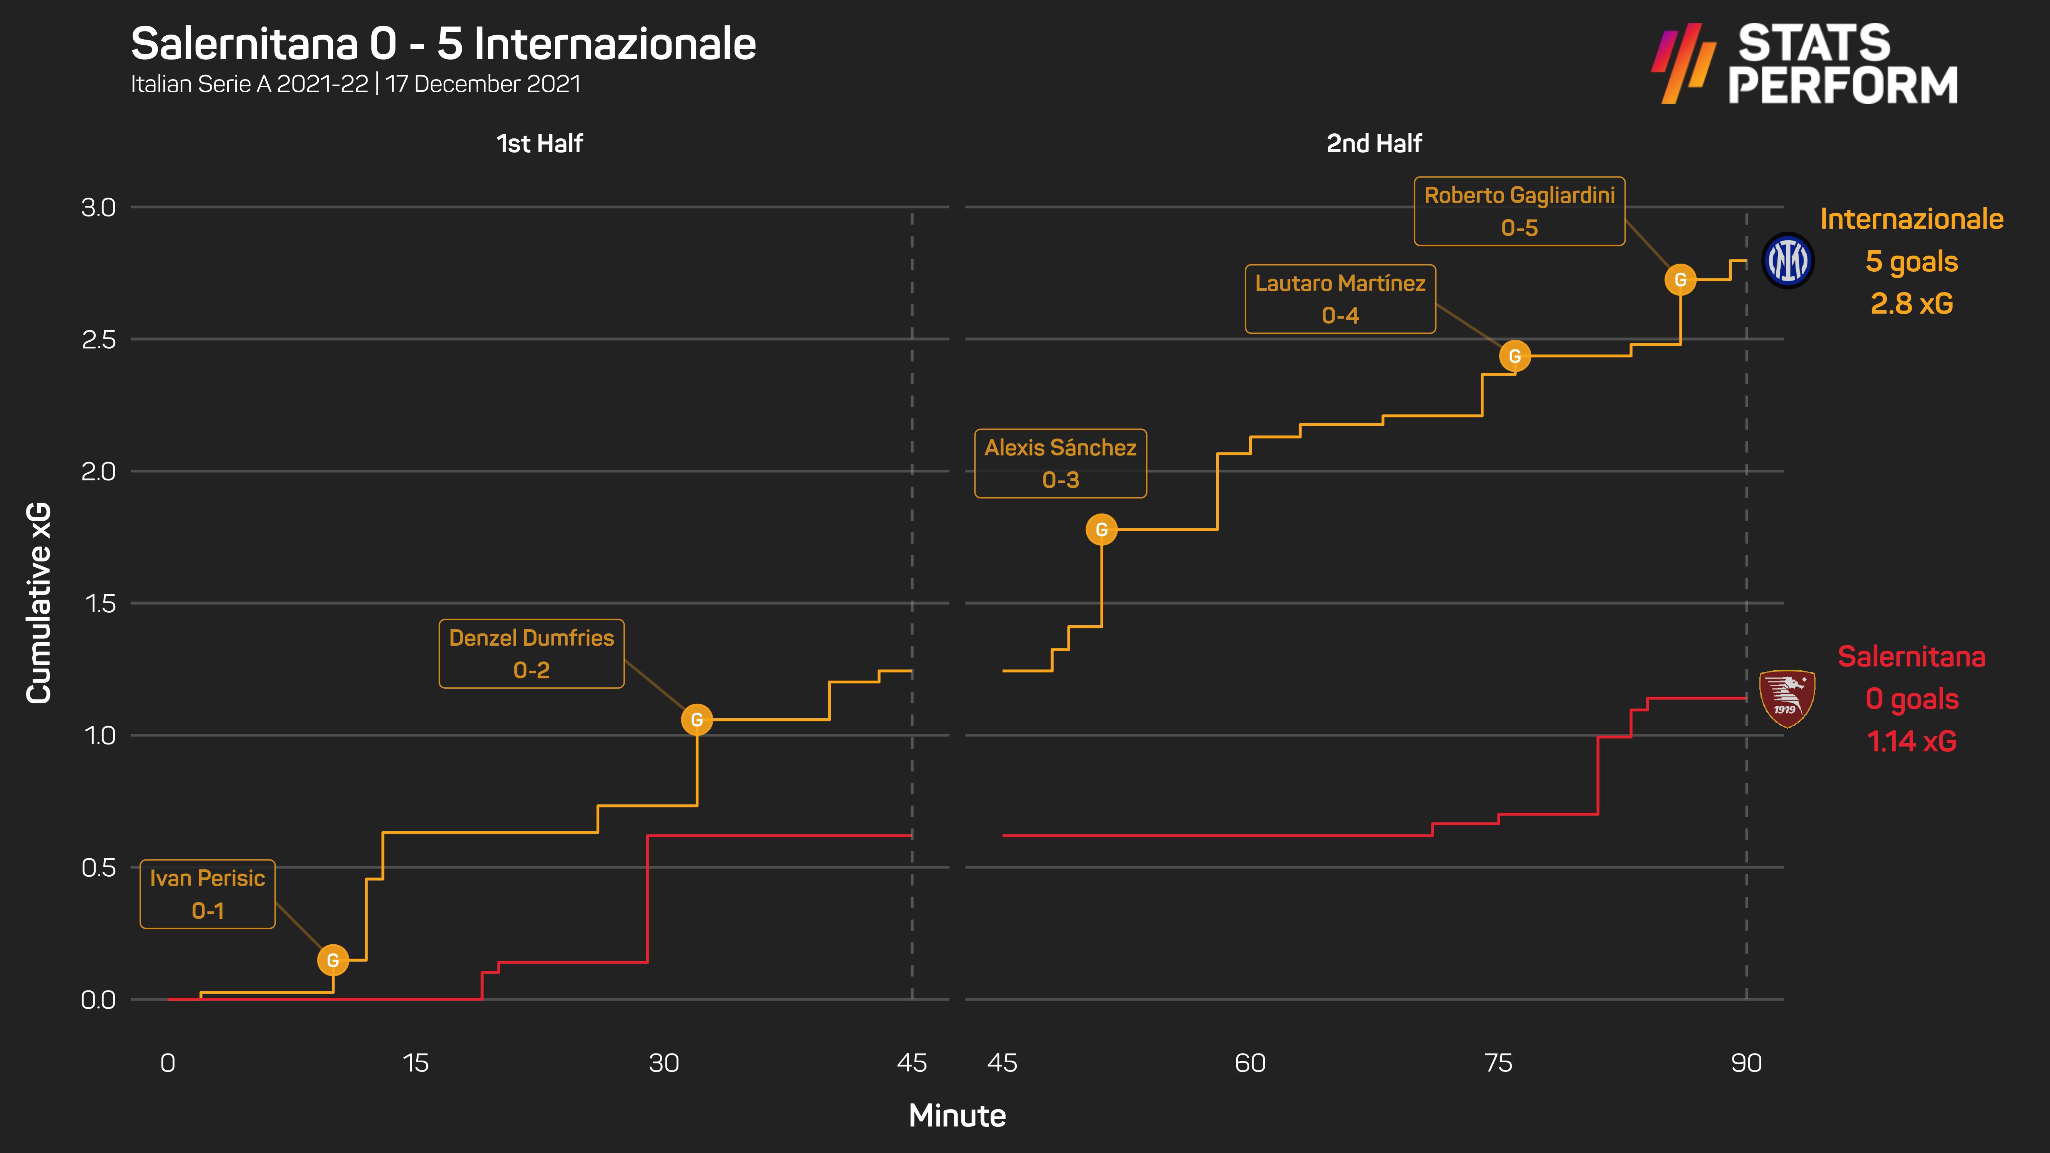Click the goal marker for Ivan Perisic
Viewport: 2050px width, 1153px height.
click(x=333, y=960)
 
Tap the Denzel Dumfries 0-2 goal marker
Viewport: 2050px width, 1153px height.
click(x=696, y=720)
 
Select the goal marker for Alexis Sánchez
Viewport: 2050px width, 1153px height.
click(x=1101, y=530)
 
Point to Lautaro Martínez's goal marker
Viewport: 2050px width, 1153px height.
click(x=1515, y=357)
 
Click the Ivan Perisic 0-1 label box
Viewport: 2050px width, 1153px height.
click(x=208, y=894)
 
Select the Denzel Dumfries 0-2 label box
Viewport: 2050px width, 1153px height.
click(x=532, y=654)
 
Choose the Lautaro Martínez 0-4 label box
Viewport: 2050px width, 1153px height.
click(x=1340, y=299)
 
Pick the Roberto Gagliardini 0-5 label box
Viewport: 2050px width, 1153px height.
click(x=1519, y=212)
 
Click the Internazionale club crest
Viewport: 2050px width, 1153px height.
click(x=1787, y=261)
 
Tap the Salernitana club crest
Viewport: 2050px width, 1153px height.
click(x=1787, y=699)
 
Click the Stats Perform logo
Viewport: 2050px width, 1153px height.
click(x=1805, y=64)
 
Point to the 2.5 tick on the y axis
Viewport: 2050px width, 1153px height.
click(x=99, y=340)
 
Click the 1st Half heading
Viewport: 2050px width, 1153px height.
click(x=540, y=144)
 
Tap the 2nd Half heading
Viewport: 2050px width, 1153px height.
click(x=1373, y=144)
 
